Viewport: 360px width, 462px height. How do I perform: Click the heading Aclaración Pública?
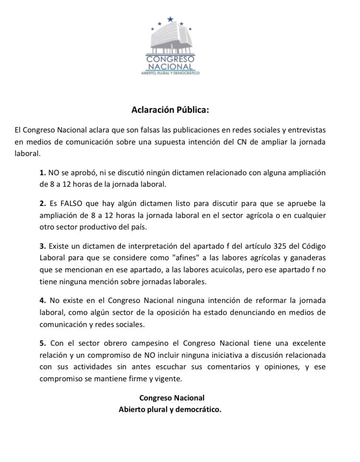[170, 110]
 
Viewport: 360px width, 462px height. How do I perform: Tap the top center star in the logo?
[170, 20]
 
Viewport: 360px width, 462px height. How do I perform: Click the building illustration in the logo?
[170, 40]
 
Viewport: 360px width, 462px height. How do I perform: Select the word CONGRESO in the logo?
[170, 59]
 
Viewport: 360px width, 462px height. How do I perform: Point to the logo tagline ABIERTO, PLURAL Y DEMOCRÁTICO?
[170, 73]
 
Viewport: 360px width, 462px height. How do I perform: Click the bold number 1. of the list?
[43, 172]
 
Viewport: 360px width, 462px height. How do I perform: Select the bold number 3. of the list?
[43, 246]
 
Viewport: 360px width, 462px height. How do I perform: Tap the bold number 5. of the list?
[43, 343]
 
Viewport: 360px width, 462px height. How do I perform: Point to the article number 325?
[279, 246]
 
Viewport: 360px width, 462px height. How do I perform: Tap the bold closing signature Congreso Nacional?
[171, 398]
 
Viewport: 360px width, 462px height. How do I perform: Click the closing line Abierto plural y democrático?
[170, 410]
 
